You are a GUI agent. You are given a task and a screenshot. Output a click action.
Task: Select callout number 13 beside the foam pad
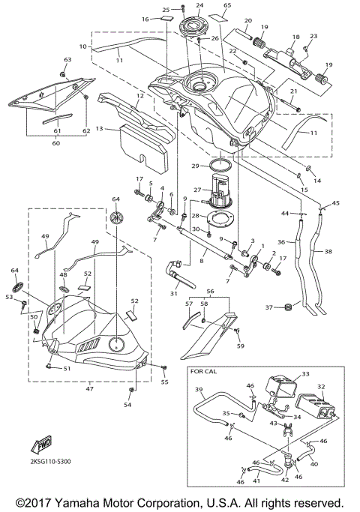(x=99, y=129)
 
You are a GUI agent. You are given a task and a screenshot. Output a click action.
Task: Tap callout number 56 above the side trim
(x=211, y=291)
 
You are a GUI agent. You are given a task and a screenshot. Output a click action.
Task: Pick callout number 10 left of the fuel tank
(x=84, y=46)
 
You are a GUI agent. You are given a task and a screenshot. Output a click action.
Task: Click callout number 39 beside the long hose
(x=199, y=390)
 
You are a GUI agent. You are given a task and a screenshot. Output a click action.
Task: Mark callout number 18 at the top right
(x=295, y=37)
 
